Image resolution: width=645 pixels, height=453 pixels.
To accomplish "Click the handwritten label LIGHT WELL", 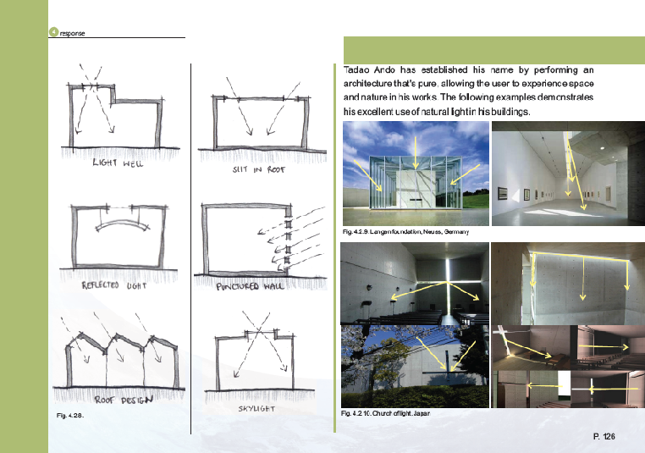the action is click(x=118, y=163).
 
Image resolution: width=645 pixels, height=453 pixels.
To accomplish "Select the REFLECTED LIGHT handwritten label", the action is click(x=114, y=285).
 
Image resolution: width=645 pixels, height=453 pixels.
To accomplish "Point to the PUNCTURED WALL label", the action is click(x=250, y=286).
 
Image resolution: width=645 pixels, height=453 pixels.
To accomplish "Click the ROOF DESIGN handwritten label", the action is click(x=124, y=400).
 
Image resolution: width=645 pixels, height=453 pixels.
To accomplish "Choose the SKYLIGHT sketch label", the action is click(x=256, y=409).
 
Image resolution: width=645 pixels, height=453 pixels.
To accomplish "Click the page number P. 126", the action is click(x=604, y=437).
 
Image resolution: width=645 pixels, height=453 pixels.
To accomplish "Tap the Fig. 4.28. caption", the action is click(x=70, y=416).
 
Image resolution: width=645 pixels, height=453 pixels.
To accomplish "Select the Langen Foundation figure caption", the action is click(x=405, y=232).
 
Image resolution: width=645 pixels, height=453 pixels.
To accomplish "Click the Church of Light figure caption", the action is click(x=385, y=413).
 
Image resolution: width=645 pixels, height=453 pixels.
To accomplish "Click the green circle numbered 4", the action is click(x=53, y=31).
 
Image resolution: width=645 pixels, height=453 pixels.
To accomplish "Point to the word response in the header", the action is click(x=73, y=33).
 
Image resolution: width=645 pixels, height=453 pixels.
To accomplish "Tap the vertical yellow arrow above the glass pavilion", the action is click(x=416, y=152).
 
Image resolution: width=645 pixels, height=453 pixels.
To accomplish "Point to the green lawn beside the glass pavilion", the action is click(x=476, y=201).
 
